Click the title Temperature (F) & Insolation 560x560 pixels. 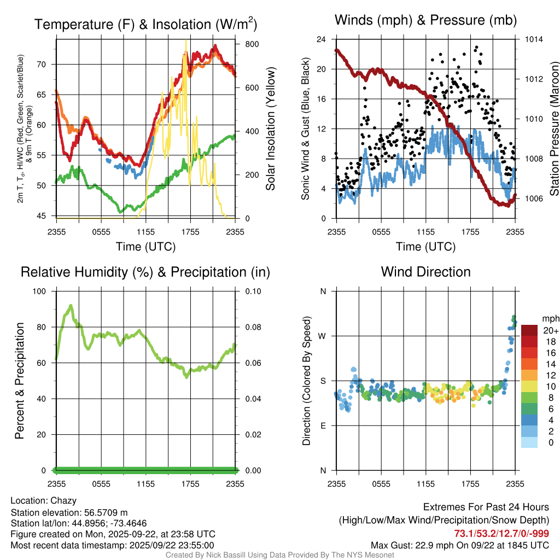pos(145,24)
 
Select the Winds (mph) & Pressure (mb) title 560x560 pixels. pos(425,21)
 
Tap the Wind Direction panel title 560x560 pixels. pos(425,272)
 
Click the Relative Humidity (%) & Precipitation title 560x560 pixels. pos(145,272)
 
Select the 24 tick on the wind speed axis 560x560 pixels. pos(322,39)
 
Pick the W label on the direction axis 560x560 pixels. pos(323,336)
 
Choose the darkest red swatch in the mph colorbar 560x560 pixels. pos(529,330)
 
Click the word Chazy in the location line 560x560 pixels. pos(63,500)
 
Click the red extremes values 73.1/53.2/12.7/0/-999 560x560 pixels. pos(501,533)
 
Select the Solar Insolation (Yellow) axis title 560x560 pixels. pos(271,129)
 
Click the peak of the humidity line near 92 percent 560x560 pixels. pos(71,305)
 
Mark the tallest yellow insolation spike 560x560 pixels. pos(186,41)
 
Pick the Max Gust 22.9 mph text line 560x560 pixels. pos(460,545)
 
